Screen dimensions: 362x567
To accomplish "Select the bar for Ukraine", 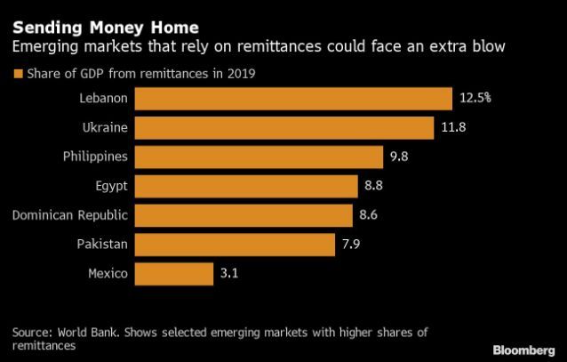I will pyautogui.click(x=285, y=128).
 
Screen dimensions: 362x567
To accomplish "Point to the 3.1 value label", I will pyautogui.click(x=229, y=272).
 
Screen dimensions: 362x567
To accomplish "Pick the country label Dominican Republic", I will pyautogui.click(x=71, y=214).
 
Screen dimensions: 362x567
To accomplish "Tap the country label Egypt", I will pyautogui.click(x=108, y=185).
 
